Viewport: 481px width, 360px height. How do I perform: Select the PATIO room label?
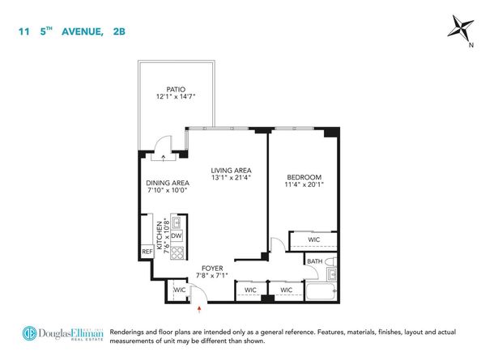pyautogui.click(x=177, y=90)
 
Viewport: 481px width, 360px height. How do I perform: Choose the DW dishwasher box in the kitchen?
pyautogui.click(x=174, y=235)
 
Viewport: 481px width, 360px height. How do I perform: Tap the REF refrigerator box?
pyautogui.click(x=147, y=252)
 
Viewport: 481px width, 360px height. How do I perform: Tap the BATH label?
pyautogui.click(x=314, y=261)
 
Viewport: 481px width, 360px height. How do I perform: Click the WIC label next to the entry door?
pyautogui.click(x=179, y=290)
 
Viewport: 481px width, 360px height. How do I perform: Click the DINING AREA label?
pyautogui.click(x=166, y=181)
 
